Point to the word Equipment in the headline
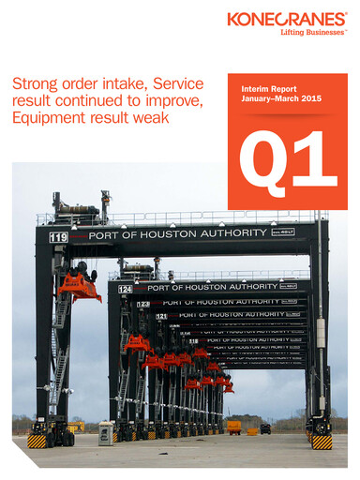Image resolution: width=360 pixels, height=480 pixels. point(48,118)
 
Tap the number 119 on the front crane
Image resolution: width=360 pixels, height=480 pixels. point(59,237)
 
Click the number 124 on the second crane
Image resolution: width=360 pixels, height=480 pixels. point(126,289)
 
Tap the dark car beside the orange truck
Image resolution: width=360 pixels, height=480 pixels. point(265,428)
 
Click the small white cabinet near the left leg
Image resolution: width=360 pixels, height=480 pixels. point(105,432)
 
